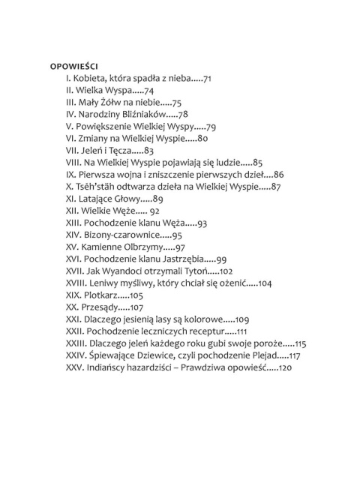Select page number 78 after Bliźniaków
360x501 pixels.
click(182, 114)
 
